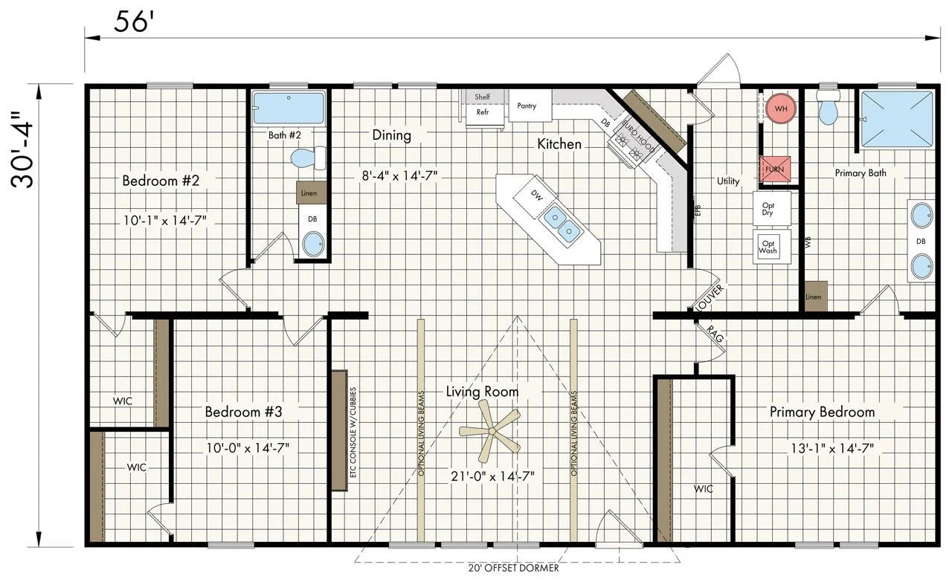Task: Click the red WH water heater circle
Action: (x=781, y=109)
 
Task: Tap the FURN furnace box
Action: (x=775, y=169)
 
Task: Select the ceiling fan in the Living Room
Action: (x=490, y=431)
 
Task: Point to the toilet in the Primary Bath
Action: (x=828, y=106)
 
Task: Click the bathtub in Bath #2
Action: (x=289, y=108)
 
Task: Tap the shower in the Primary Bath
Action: (x=897, y=120)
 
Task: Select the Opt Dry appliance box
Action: (x=772, y=208)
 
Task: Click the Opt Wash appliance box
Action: (x=772, y=247)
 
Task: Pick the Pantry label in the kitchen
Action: (x=527, y=106)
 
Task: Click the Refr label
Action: (x=483, y=112)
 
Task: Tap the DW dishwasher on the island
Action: (x=536, y=195)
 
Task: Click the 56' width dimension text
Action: (x=133, y=22)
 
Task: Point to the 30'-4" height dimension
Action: (x=22, y=149)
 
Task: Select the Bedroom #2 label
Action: (x=161, y=181)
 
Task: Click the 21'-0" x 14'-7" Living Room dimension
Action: (x=492, y=476)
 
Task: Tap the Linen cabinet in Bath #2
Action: (x=311, y=193)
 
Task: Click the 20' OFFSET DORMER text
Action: (x=513, y=568)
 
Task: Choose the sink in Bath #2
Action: (x=313, y=245)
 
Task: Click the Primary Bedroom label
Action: (x=823, y=412)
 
